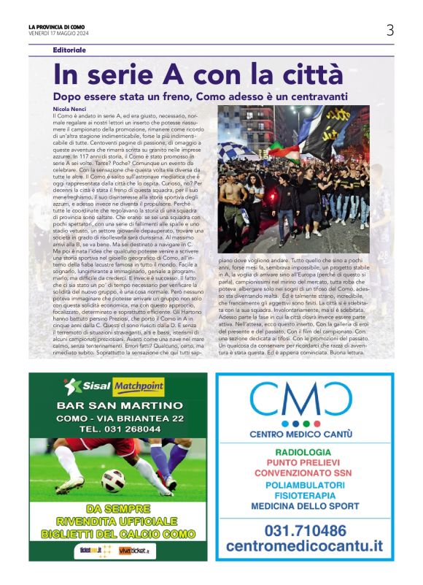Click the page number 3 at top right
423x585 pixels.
click(x=390, y=30)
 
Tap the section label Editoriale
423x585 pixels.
click(x=69, y=50)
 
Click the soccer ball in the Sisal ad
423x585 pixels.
click(x=112, y=480)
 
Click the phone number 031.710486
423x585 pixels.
click(x=304, y=529)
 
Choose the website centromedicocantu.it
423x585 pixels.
click(x=304, y=546)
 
